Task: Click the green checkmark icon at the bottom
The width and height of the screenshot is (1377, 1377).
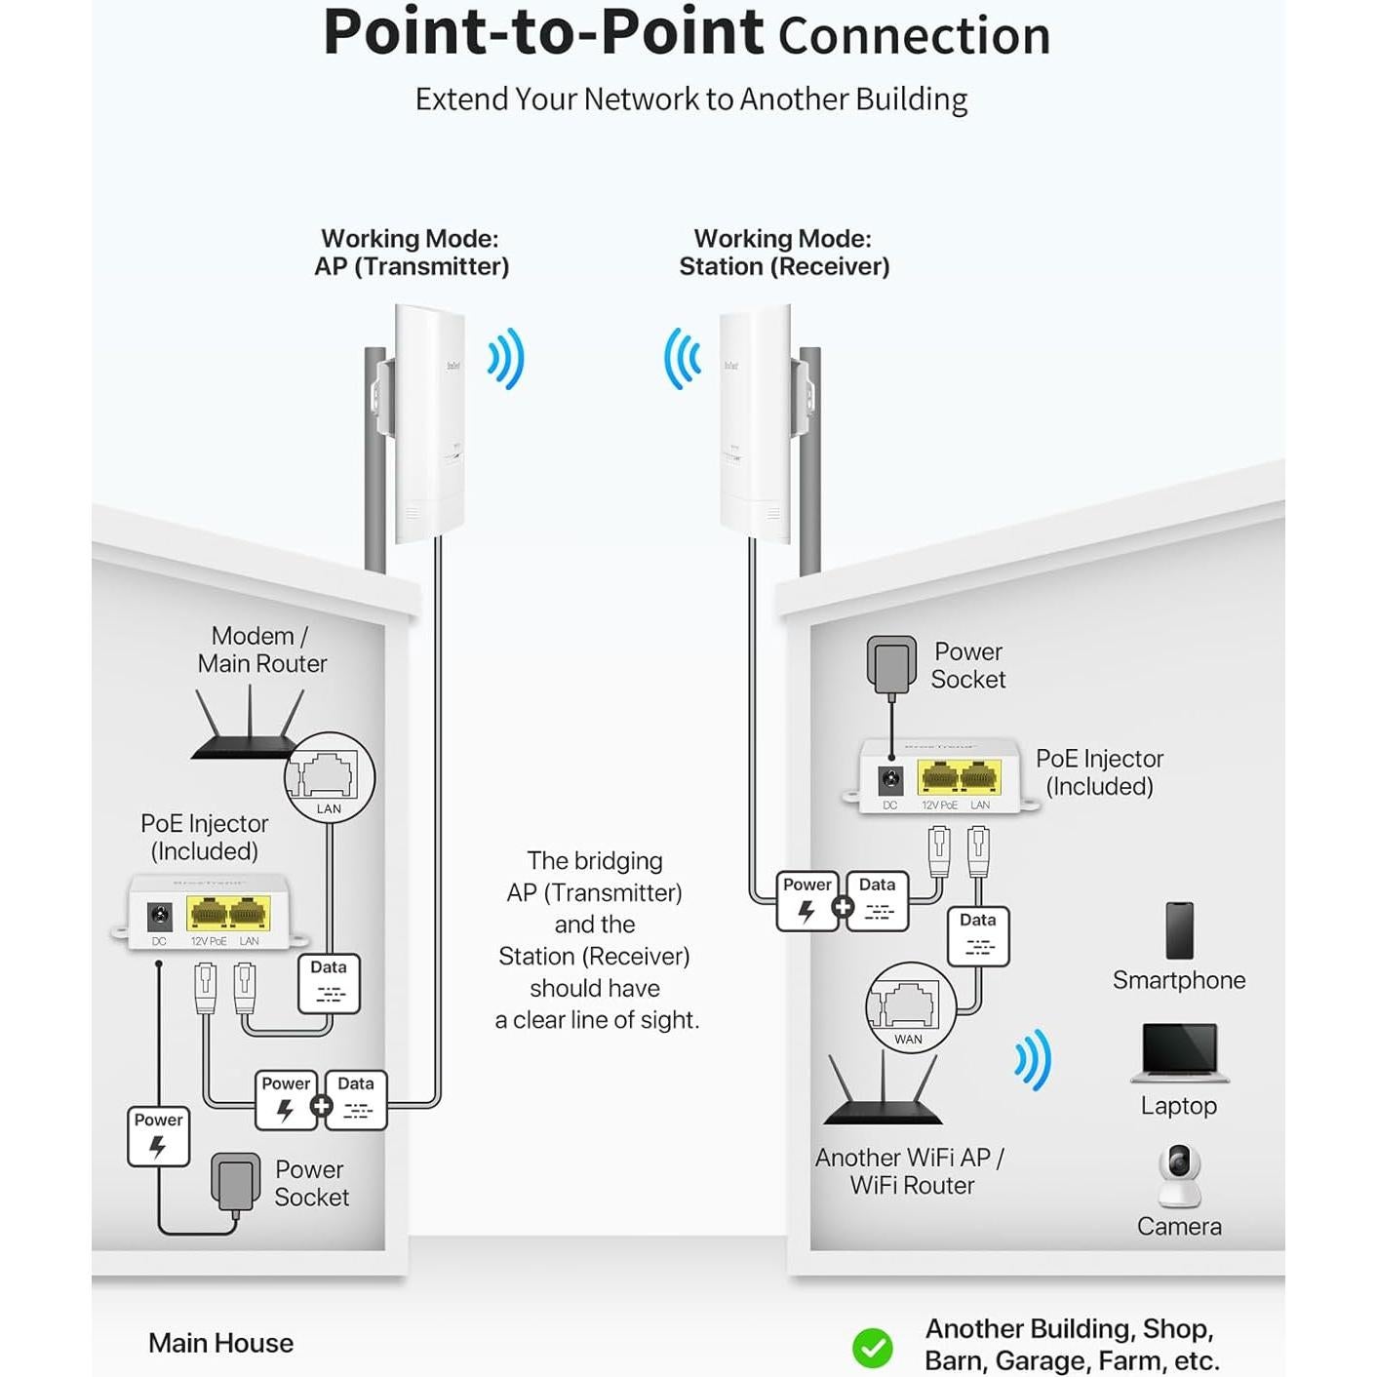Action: point(872,1348)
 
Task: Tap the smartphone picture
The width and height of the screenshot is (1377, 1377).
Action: point(1179,930)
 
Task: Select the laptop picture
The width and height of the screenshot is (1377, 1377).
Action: point(1180,1052)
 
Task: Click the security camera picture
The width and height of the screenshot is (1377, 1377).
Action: point(1179,1174)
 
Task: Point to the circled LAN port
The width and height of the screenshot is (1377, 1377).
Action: point(330,777)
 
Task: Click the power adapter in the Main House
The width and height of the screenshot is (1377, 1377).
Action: point(235,1181)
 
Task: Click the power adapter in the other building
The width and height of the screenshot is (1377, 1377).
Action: point(891,663)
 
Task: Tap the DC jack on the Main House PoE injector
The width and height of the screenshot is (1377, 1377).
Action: point(159,916)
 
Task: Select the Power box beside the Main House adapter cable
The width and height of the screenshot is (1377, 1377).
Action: point(158,1136)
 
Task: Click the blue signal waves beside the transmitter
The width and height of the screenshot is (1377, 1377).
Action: point(507,359)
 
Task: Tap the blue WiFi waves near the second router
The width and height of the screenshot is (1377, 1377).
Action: point(1034,1059)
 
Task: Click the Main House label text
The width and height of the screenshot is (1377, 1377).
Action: point(220,1343)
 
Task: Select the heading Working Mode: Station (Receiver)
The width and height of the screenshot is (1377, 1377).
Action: point(784,253)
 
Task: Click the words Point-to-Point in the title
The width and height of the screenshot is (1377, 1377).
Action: point(543,33)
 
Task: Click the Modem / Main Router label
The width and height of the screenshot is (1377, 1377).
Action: point(261,649)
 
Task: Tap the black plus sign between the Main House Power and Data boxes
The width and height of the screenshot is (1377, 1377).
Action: point(321,1106)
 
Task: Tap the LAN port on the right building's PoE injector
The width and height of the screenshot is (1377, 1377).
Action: point(980,777)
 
